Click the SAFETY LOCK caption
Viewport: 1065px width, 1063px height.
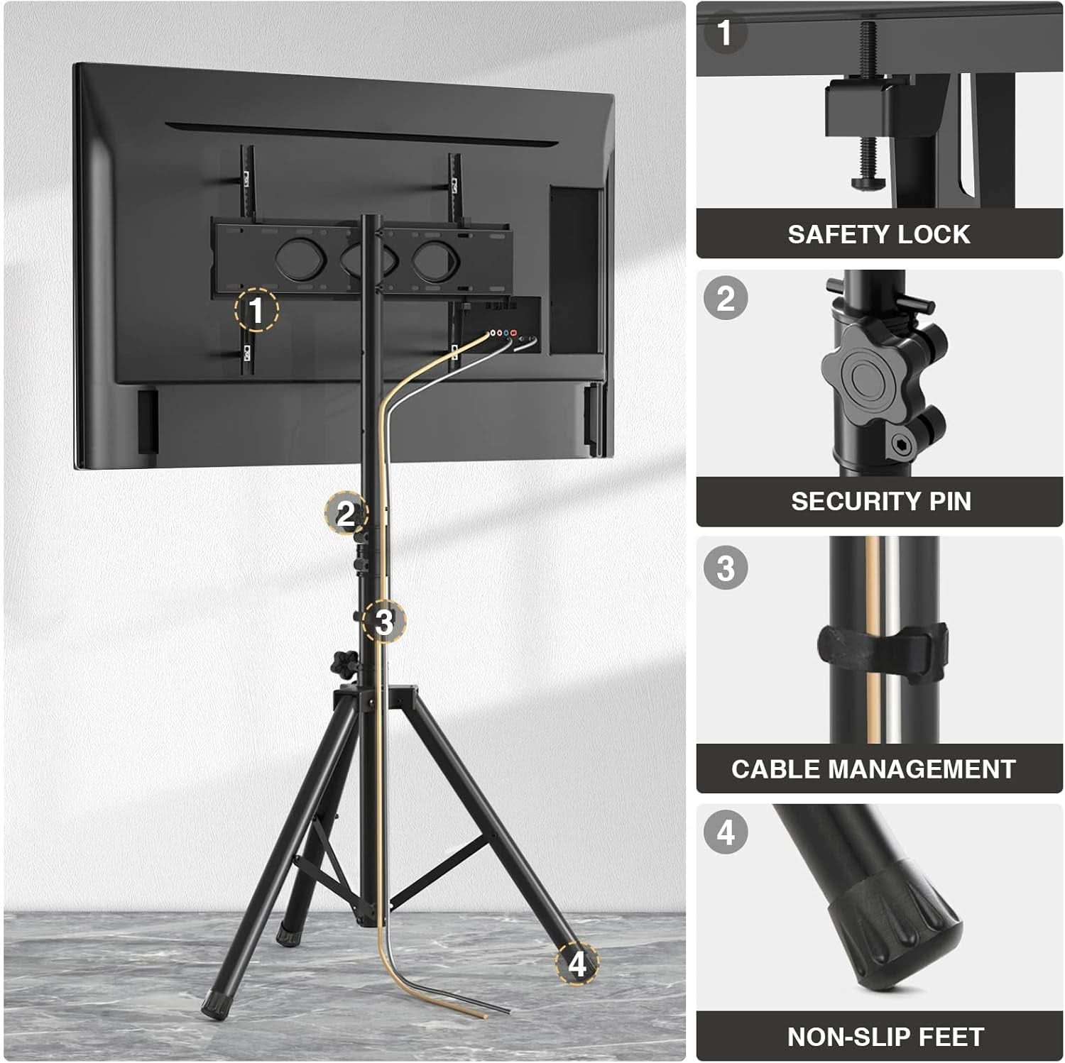pos(878,234)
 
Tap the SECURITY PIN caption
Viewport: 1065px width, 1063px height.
pos(881,501)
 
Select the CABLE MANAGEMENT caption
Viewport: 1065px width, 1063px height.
pos(873,769)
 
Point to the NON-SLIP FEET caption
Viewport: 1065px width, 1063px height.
pos(885,1037)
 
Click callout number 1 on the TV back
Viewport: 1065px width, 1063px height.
pos(256,310)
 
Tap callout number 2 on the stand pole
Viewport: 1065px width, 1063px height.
pos(346,513)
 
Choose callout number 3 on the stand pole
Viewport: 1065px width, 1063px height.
pos(383,622)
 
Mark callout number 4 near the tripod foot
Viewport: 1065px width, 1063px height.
pos(577,964)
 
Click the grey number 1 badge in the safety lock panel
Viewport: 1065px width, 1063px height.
pos(725,33)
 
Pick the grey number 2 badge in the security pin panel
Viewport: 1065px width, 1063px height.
pos(726,298)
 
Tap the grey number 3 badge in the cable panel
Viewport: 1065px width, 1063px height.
pos(726,568)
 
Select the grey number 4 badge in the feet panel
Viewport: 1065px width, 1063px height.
pos(726,832)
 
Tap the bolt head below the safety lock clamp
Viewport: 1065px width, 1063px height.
pos(867,184)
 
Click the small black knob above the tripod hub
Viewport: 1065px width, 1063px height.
pos(343,664)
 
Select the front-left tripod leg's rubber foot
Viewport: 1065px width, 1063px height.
pos(212,1006)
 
